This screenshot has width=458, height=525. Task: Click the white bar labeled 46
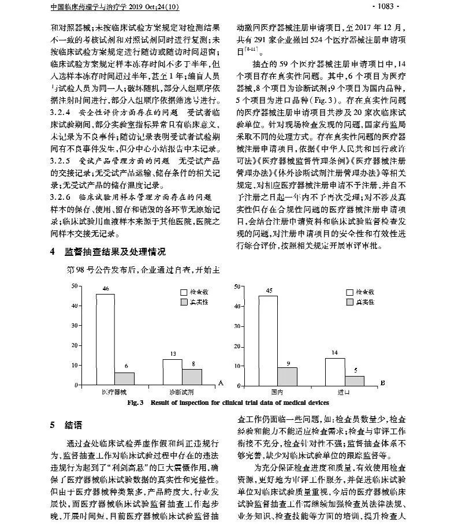pos(105,339)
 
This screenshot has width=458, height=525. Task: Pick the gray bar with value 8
pos(191,377)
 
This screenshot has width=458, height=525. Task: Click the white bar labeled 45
pos(267,340)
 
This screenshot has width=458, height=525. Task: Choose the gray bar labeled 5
pos(354,380)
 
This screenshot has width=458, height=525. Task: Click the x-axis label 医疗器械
pos(115,392)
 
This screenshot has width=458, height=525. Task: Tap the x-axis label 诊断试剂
pos(181,392)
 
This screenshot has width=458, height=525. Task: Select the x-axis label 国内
pos(277,392)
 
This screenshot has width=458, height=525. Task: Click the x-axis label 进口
pos(344,392)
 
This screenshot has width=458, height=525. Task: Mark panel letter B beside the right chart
pos(383,382)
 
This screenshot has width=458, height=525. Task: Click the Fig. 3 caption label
pos(139,402)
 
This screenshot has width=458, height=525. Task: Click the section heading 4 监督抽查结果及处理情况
pos(107,252)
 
